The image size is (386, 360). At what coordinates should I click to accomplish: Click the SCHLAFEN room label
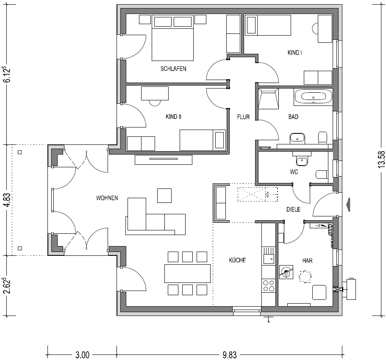(173, 69)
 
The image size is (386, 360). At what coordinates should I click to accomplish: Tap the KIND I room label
(294, 53)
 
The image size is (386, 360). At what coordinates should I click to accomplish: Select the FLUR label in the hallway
(243, 117)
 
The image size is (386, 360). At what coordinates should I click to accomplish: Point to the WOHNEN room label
(107, 198)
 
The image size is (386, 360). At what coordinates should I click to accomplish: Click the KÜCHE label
(237, 260)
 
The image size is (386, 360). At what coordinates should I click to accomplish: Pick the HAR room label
(308, 260)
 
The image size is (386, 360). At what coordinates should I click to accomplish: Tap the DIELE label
(294, 209)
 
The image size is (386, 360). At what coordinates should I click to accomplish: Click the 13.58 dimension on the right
(382, 159)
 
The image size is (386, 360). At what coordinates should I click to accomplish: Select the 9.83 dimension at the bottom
(229, 355)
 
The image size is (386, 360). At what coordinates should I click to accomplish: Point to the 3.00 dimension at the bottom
(82, 355)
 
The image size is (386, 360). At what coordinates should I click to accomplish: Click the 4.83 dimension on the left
(8, 200)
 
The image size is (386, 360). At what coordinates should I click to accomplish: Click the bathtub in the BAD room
(313, 96)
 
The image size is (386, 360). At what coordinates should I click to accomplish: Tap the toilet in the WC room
(322, 174)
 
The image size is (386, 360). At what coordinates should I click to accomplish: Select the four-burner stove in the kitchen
(269, 285)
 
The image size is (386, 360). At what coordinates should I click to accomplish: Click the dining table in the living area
(187, 273)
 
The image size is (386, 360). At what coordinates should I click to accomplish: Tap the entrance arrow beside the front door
(347, 205)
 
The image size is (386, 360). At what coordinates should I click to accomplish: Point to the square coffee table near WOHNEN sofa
(164, 195)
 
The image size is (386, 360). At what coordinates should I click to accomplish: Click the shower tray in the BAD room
(269, 99)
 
